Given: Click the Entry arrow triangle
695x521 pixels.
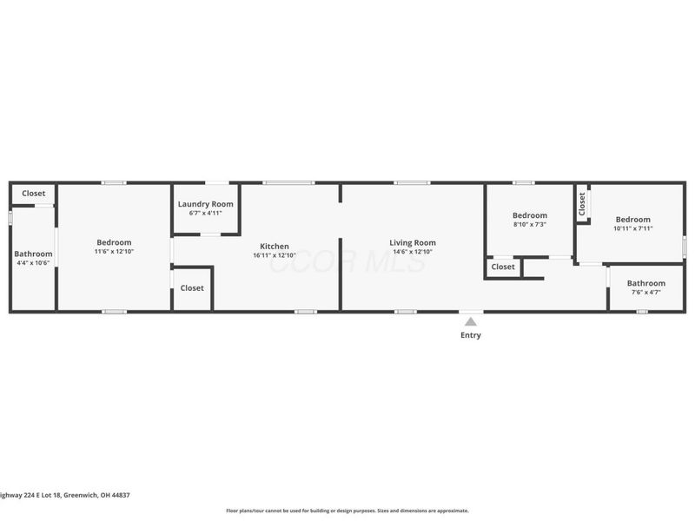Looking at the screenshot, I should pos(470,321).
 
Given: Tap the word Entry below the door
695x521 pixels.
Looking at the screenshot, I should pos(470,335).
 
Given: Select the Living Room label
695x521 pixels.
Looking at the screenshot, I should pos(413,243).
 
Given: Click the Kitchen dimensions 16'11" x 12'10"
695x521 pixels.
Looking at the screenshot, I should pos(275,255).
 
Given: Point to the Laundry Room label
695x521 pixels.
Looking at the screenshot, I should pos(206,204).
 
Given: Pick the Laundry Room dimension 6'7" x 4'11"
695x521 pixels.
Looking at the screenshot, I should pos(206,213).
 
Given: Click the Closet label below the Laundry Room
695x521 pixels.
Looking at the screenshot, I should pos(192,288).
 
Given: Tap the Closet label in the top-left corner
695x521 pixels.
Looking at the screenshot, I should pos(33,194).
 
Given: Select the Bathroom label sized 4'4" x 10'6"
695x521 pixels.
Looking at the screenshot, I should pos(33,254).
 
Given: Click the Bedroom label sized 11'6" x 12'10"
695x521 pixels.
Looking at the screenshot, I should pos(114,242).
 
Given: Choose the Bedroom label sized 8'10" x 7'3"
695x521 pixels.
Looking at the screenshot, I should pos(529,215).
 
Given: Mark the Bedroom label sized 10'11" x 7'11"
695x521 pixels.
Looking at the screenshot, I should pos(633,220).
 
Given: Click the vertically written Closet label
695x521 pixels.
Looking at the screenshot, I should pos(582,204).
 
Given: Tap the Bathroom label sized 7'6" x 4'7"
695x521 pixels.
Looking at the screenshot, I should pos(646,283).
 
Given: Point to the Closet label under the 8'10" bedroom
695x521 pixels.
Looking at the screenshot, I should pos(503,267).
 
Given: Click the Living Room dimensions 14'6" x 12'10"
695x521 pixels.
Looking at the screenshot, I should pos(413,252).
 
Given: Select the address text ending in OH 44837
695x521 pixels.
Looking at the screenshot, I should pos(65,494).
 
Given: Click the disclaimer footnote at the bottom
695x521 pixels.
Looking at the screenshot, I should pos(347,511).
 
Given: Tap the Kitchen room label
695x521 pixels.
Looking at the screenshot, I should pos(275,247).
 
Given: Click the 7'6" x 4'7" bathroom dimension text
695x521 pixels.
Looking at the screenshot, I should pos(646,293).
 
